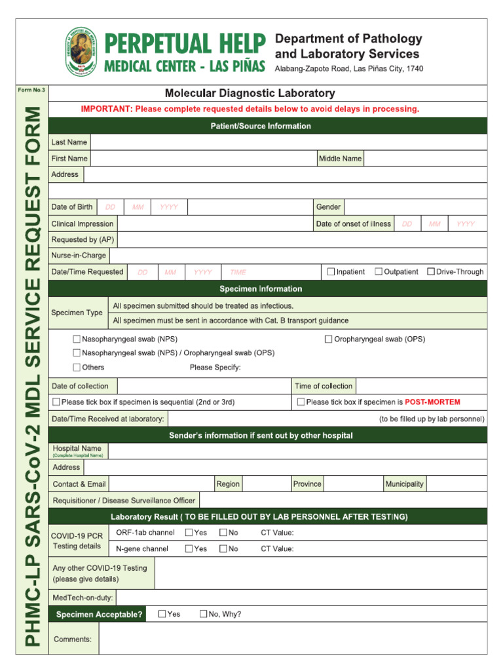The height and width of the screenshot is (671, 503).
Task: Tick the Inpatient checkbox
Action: tap(331, 271)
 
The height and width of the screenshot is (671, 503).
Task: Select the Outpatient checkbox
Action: tap(379, 271)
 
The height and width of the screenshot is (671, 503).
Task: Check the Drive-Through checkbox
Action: tap(431, 271)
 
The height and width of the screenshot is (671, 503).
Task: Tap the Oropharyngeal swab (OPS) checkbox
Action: tap(329, 339)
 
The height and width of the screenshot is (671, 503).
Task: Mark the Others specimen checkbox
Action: tap(77, 367)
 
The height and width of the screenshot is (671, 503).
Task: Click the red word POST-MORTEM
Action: tap(432, 402)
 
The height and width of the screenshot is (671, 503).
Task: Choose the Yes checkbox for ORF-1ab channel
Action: tap(189, 533)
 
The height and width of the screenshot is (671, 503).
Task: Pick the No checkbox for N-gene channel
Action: tap(223, 548)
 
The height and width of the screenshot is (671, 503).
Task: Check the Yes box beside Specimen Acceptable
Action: tap(162, 614)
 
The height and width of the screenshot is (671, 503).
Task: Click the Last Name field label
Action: tap(69, 142)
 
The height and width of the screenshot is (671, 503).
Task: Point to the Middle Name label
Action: tap(340, 159)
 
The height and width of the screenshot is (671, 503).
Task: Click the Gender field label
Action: tap(328, 207)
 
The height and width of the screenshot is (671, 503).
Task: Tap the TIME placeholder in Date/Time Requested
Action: tap(238, 272)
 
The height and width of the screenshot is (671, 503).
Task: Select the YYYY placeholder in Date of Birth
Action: tap(169, 207)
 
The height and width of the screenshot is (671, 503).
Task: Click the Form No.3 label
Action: tap(31, 90)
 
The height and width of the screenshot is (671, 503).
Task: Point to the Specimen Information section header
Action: tap(261, 289)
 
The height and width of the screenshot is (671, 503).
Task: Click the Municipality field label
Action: tap(404, 484)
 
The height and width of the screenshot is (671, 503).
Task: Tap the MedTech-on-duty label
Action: tap(83, 598)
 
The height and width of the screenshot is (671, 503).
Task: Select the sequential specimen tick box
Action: tap(56, 402)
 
